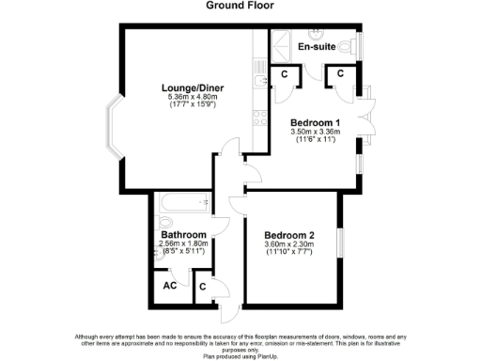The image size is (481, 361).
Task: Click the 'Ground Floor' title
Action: coord(240,6)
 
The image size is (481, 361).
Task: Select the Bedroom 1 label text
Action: coord(315,123)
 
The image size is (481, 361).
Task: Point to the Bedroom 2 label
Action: coord(288,235)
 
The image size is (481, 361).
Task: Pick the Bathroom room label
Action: coord(183,235)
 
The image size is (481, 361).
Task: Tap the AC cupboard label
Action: coord(171,286)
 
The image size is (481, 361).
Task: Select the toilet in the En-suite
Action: coord(349,46)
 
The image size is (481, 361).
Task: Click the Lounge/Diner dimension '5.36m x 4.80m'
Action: coord(192,96)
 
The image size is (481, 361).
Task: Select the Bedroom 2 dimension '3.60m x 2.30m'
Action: coord(289,245)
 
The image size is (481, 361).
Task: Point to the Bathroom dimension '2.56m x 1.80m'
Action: coord(183,244)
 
